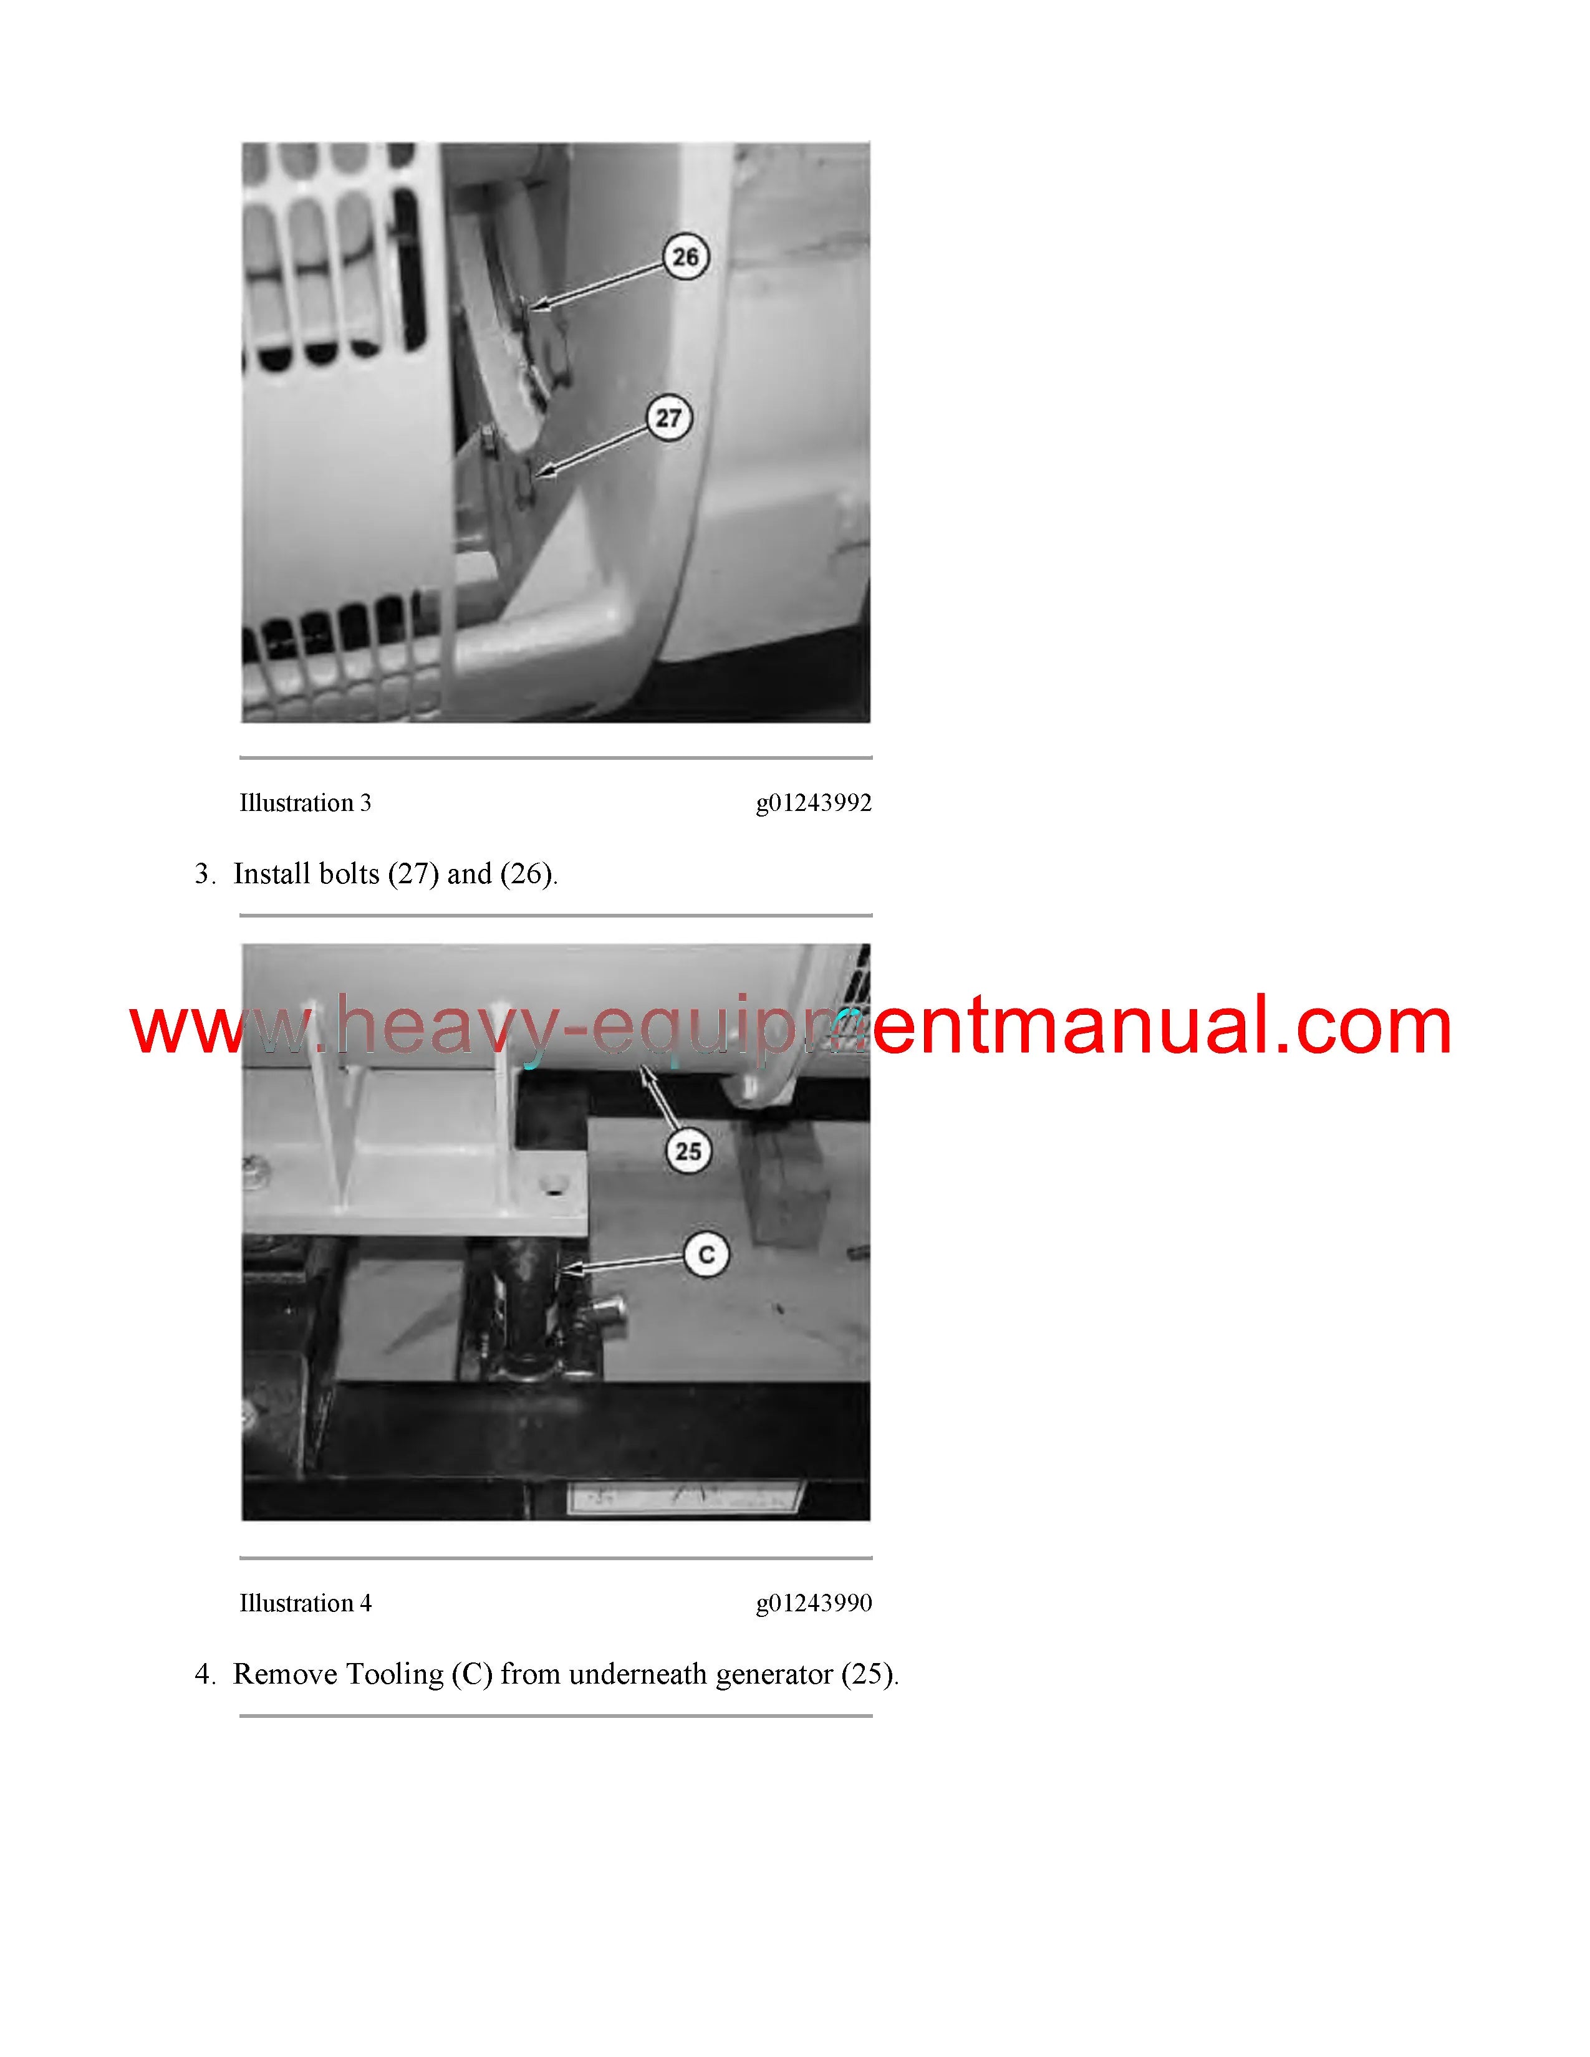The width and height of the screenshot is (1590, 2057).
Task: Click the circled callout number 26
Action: pos(686,257)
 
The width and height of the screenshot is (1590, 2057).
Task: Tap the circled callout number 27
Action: pos(669,418)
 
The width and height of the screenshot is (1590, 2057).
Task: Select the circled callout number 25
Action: pos(688,1151)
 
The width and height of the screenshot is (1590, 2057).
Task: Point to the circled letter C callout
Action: pos(706,1255)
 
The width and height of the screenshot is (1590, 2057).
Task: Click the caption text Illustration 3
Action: pos(305,803)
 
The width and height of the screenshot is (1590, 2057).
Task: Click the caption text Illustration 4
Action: pos(305,1603)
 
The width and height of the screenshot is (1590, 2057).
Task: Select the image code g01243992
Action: pos(814,803)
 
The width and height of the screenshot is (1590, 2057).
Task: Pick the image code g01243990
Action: pos(814,1603)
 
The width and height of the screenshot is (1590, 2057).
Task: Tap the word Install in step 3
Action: pos(272,874)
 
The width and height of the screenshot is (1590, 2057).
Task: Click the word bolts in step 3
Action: pos(349,874)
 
